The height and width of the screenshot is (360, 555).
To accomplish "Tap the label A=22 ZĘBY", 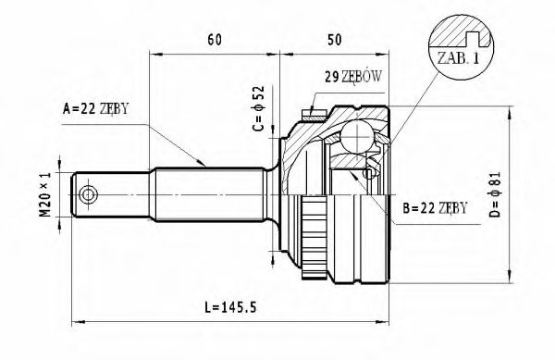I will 95,108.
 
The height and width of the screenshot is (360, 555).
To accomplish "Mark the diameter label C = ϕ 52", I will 259,107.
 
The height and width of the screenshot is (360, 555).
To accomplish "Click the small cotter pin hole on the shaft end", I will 88,194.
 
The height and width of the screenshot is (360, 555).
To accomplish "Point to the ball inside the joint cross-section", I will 355,140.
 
